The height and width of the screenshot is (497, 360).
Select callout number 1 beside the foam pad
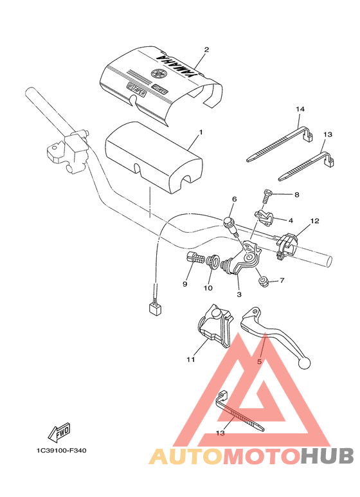tap(201, 132)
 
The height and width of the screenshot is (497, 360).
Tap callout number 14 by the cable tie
tap(299, 110)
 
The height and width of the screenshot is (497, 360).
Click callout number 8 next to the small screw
tap(296, 194)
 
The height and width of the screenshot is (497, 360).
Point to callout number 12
tap(314, 221)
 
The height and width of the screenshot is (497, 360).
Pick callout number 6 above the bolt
tap(234, 199)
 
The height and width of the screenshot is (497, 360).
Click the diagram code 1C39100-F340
tap(57, 451)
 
